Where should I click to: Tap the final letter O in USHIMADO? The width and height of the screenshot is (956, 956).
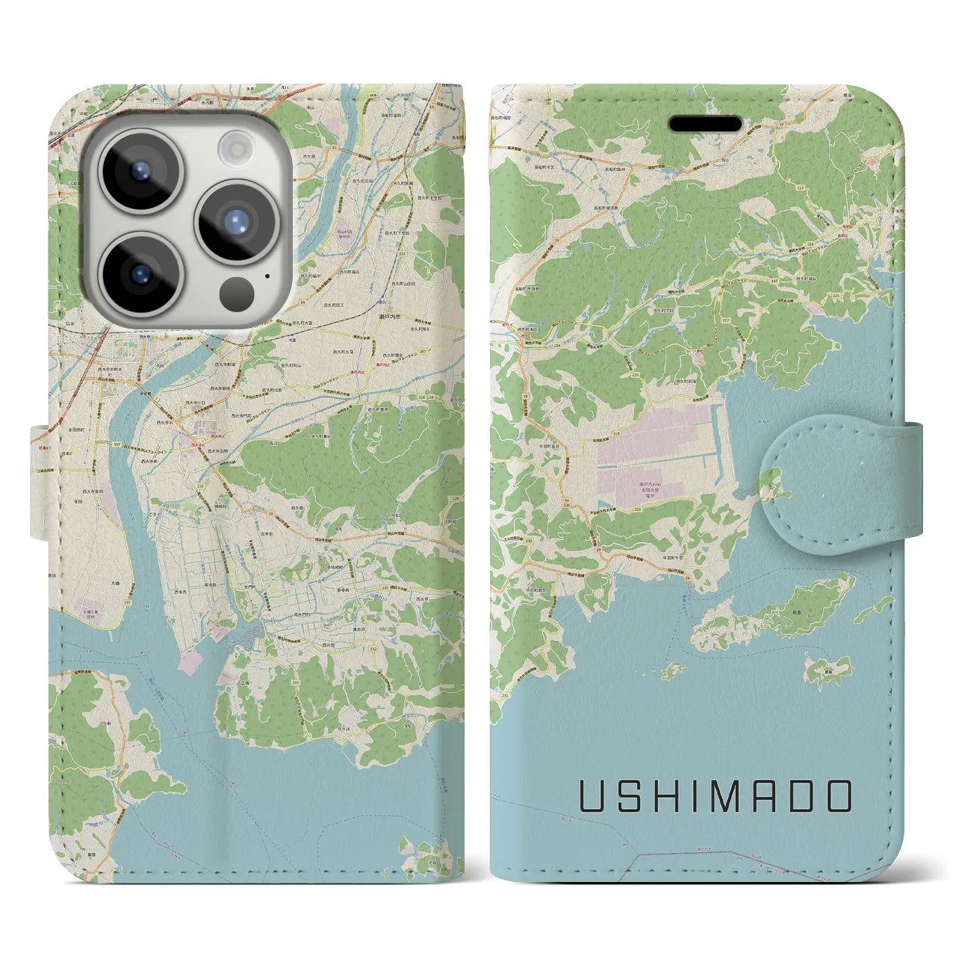[x=838, y=796]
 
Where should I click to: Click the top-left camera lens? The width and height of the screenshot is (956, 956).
[x=140, y=170]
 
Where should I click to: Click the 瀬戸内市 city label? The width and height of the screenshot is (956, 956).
[x=388, y=317]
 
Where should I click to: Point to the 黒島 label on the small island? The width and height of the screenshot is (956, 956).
[x=827, y=671]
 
